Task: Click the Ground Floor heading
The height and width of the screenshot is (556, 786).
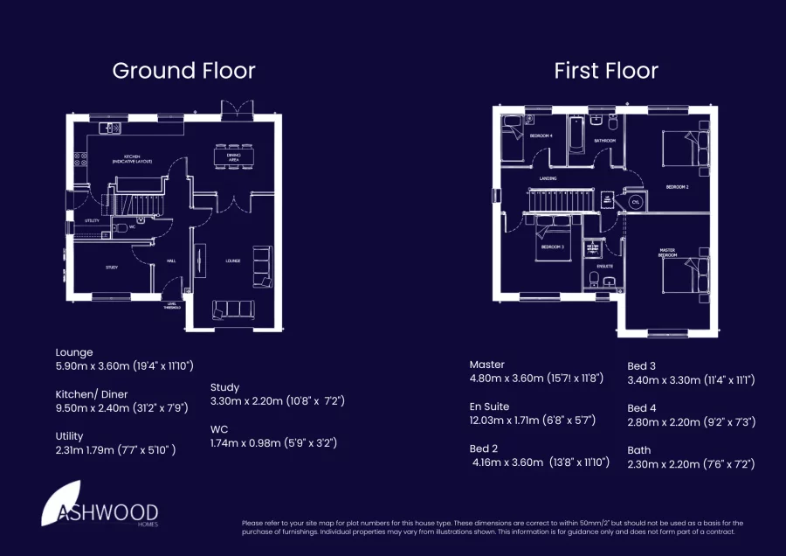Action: coord(183,71)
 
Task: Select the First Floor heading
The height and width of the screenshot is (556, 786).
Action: coord(606,71)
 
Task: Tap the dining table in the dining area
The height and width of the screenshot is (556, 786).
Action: coord(233,157)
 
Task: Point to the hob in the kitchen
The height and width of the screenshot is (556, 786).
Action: coord(79,160)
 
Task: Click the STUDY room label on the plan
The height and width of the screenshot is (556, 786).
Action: coord(112,268)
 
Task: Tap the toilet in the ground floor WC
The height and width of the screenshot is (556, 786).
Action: coord(119,228)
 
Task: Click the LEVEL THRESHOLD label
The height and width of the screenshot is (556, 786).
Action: coord(172,306)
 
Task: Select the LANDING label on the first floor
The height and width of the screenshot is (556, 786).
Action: coord(548,178)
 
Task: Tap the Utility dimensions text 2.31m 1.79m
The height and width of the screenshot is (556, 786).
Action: coord(115,449)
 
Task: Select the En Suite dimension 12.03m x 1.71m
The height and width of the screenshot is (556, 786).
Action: coord(533,420)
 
